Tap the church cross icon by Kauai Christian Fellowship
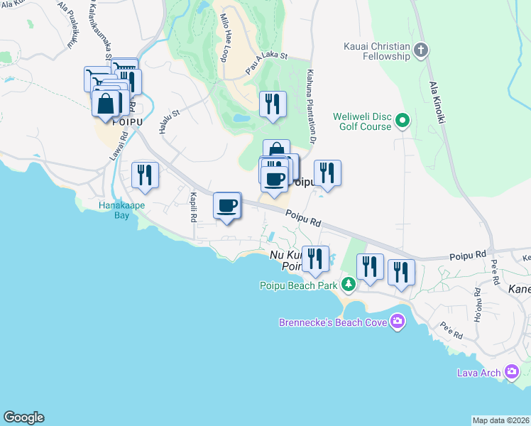tap(421, 50)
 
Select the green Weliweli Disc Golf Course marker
tap(403, 121)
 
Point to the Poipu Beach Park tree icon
tap(348, 285)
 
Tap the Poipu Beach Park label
tap(297, 285)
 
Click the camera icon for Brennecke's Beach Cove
tap(397, 322)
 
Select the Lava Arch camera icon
tap(511, 371)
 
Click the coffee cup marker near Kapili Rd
tap(227, 206)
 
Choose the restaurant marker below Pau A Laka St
tap(273, 104)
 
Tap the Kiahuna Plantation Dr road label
tap(310, 103)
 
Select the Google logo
tap(23, 417)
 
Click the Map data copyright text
tap(500, 420)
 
